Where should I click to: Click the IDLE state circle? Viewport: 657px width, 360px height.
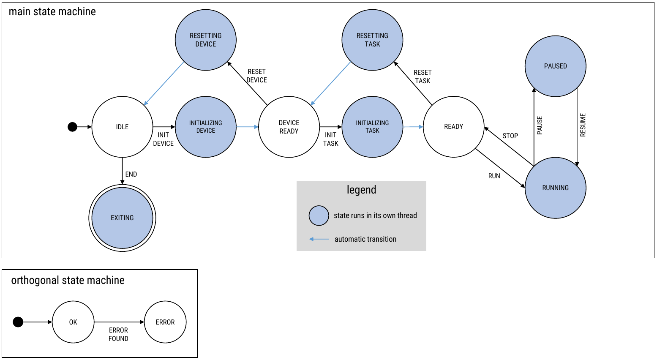coord(122,127)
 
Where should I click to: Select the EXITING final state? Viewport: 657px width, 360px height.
coord(122,218)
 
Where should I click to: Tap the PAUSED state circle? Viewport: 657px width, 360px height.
coord(555,66)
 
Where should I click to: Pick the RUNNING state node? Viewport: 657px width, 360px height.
coord(555,188)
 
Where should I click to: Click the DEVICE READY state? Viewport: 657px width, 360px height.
coord(289,127)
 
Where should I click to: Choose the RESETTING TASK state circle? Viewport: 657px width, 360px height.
coord(372,40)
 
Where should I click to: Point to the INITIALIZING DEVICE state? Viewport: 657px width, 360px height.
coord(205,127)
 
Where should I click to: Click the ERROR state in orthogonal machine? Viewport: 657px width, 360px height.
coord(165,322)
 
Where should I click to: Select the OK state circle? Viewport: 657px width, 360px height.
coord(73,322)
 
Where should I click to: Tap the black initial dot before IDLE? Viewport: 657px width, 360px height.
coord(73,127)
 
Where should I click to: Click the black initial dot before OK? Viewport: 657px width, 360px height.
coord(18,322)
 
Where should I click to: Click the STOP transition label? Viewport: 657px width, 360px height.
coord(510,136)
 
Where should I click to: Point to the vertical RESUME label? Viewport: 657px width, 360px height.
coord(583,125)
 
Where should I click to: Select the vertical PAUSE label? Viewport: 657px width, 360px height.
coord(540,125)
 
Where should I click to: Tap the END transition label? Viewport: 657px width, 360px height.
coord(131,174)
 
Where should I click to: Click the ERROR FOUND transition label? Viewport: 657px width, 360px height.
coord(118,334)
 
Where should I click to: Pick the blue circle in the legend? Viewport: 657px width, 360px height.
coord(319,215)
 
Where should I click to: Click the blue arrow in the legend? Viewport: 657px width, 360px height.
coord(319,239)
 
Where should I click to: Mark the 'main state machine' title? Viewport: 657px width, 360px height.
coord(52,11)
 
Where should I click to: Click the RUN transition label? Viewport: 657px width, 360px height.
coord(494,176)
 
